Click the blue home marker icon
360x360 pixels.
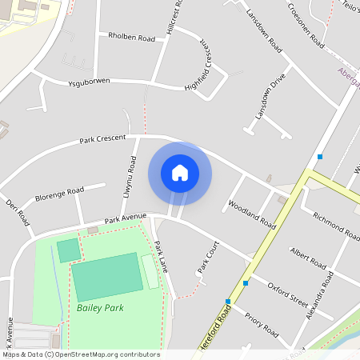(180, 173)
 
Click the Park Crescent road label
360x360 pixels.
(102, 139)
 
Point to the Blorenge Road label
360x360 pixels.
(59, 195)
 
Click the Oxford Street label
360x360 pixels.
(287, 294)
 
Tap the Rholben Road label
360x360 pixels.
(131, 37)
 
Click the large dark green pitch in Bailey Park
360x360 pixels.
(106, 277)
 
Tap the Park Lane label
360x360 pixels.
(162, 256)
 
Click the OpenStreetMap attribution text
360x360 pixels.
(80, 354)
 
